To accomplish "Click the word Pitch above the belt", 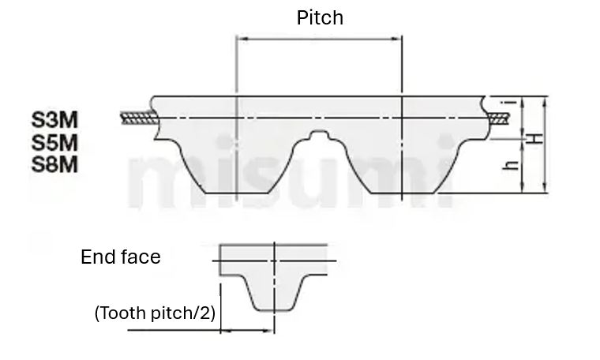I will click(320, 17).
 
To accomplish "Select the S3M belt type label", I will click(55, 120).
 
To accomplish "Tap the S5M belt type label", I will click(55, 143).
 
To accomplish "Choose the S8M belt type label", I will click(55, 165).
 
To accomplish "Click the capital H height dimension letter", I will click(536, 138).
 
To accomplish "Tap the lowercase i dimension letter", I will click(512, 102).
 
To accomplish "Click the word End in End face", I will click(96, 257).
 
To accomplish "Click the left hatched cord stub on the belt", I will click(138, 118).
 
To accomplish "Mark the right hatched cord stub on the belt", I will click(499, 118).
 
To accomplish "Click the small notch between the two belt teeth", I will click(320, 136).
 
